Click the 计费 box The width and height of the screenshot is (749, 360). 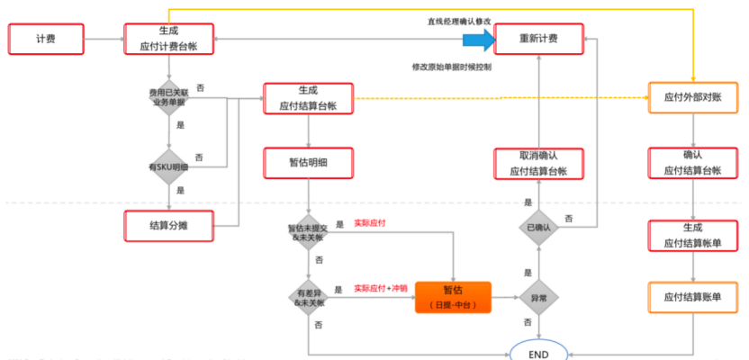coord(46,39)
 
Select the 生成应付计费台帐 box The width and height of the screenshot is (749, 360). coord(168,39)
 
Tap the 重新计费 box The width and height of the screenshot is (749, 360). coord(538,39)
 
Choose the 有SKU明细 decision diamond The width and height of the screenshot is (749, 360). coord(169,166)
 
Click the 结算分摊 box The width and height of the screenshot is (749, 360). coord(168,225)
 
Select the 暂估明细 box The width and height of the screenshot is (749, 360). coord(308,164)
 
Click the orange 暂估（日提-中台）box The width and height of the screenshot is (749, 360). coord(453,297)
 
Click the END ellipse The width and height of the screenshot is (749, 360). coord(539,353)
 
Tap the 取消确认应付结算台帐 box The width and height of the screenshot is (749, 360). coord(538,164)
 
